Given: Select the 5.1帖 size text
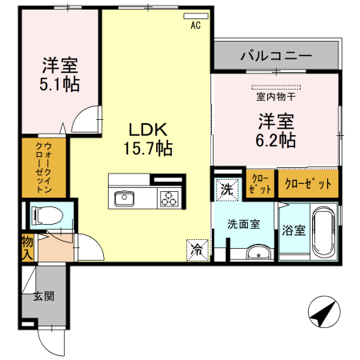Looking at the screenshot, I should (61, 82).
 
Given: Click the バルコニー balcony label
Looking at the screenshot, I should (275, 57).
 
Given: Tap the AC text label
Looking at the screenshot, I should (195, 26).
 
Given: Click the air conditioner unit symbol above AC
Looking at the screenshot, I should (195, 16).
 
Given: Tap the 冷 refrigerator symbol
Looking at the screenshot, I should (197, 249).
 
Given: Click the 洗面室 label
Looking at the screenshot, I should (243, 225).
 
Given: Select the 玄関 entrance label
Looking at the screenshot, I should (43, 295).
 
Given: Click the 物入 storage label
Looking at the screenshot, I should (26, 247).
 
